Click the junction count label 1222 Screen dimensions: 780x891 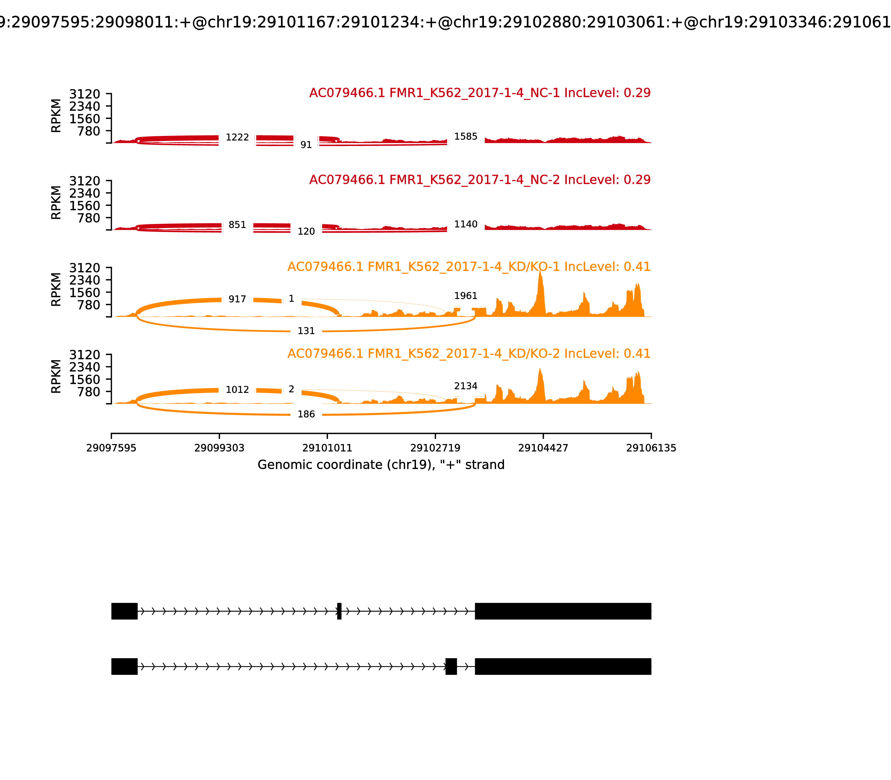[x=237, y=138]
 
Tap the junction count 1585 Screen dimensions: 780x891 [x=466, y=137]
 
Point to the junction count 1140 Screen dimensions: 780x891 [x=466, y=225]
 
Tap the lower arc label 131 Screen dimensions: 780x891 [x=306, y=331]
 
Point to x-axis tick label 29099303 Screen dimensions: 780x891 [x=219, y=448]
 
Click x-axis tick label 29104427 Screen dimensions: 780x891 [x=543, y=448]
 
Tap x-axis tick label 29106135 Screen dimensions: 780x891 [x=651, y=448]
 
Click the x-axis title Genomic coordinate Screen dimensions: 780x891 [x=381, y=465]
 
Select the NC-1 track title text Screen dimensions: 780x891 [x=479, y=93]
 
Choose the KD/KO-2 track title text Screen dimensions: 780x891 [x=469, y=354]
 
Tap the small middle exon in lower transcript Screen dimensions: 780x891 [x=451, y=666]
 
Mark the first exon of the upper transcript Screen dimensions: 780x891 [x=124, y=611]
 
